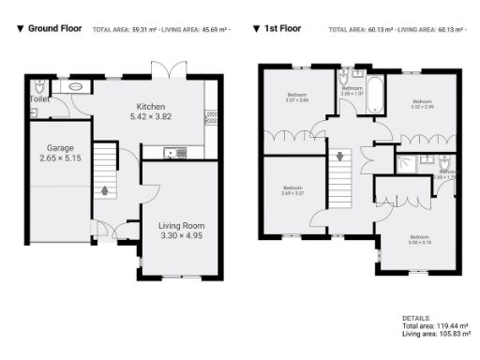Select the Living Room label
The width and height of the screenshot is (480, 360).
click(180, 226)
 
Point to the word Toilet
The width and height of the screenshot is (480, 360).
click(39, 97)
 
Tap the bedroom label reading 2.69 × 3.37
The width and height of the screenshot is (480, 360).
click(293, 190)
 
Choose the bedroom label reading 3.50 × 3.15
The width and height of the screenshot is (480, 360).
click(419, 239)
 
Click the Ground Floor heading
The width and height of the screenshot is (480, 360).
click(55, 29)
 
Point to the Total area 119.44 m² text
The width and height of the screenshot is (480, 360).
click(436, 325)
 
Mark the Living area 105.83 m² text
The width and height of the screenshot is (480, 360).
click(436, 333)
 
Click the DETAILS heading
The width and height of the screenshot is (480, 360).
click(415, 318)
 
